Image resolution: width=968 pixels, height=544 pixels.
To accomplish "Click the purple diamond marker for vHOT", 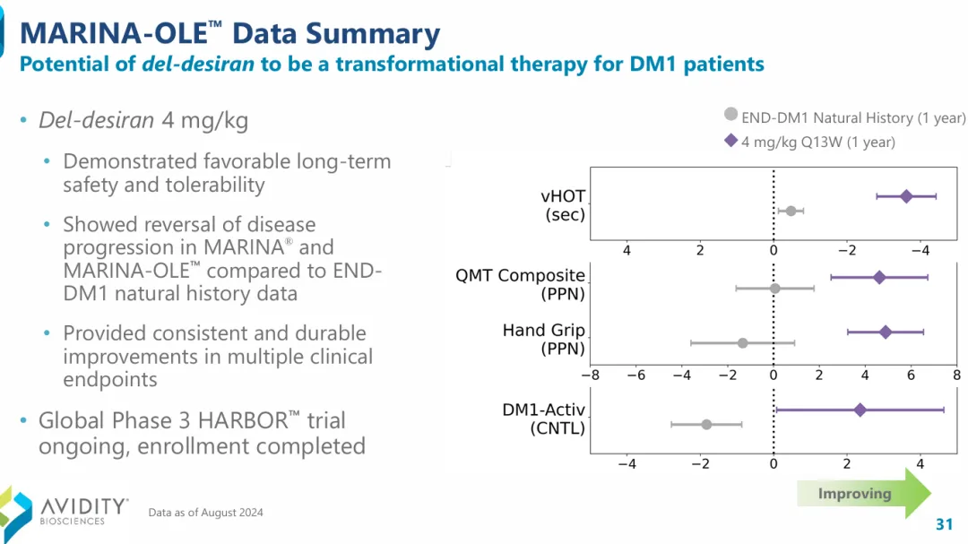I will click(x=906, y=196).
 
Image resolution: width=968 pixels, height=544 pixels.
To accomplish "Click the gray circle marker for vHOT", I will click(x=791, y=211).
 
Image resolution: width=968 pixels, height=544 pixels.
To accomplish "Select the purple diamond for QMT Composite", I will click(x=879, y=278).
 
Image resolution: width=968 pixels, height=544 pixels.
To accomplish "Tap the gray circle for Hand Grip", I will click(x=742, y=342).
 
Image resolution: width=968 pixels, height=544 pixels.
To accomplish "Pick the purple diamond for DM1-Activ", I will click(x=860, y=410).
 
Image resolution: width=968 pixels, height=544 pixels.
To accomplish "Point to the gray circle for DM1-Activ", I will click(x=706, y=424).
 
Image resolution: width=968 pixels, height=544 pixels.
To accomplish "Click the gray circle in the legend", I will click(x=730, y=115).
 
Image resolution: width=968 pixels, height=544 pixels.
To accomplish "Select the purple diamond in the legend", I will click(x=731, y=141).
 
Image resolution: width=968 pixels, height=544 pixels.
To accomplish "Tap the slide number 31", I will click(x=943, y=524).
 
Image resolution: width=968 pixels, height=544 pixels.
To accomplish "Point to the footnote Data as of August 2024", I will click(x=206, y=513).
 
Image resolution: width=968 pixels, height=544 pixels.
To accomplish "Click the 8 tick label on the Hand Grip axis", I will click(x=956, y=375).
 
